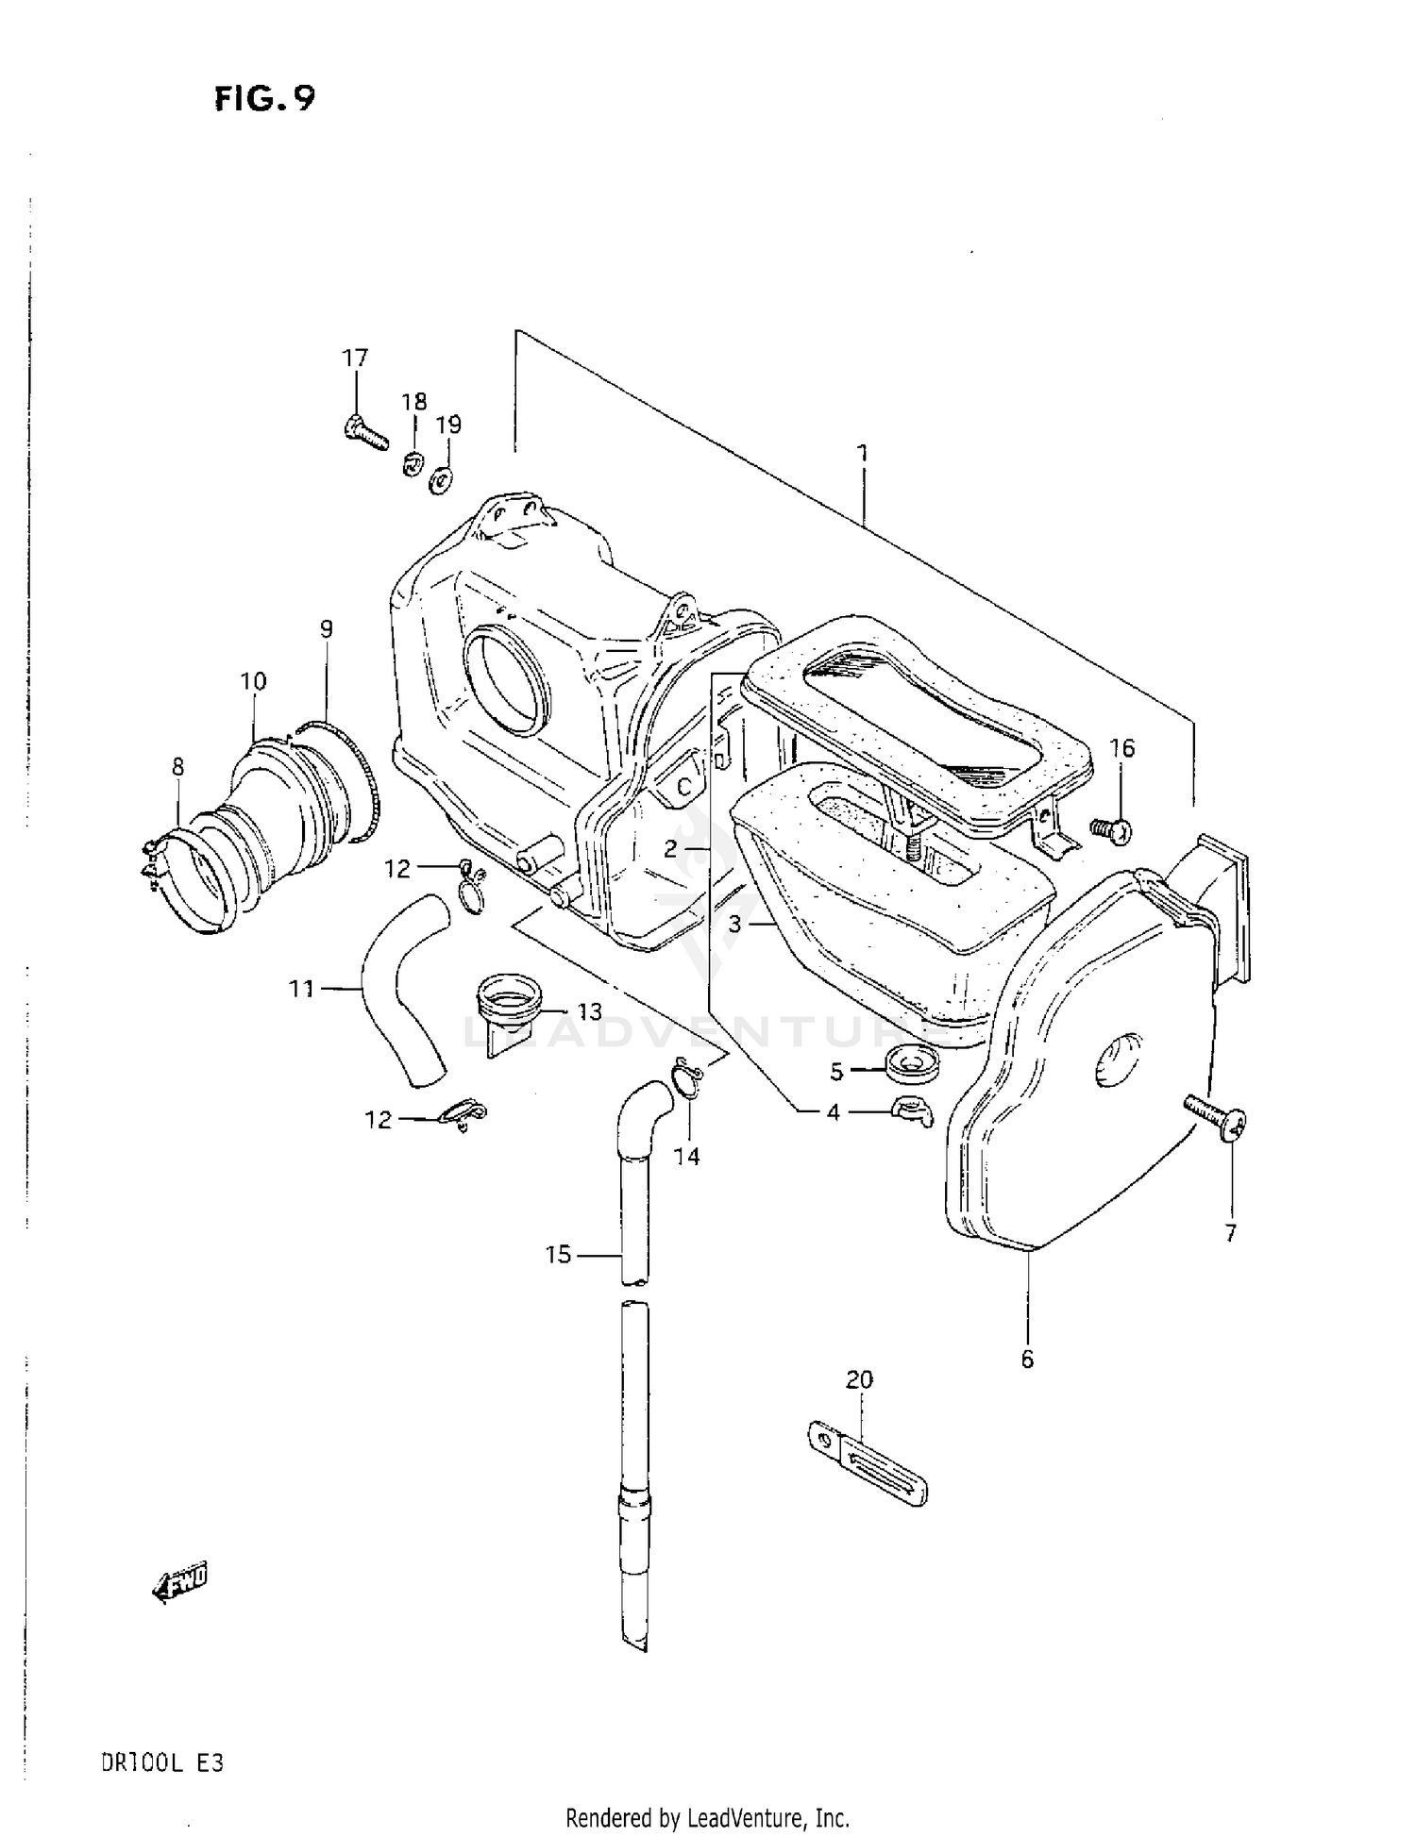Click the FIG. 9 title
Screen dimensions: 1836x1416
coord(264,98)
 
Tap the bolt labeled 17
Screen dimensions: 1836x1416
coord(365,433)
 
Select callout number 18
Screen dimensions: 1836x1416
coord(413,402)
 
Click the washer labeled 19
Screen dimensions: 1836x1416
coord(441,480)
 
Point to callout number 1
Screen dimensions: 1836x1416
coord(862,453)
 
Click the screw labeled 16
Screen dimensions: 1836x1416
coord(1110,830)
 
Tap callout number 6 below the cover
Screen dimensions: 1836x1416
coord(1027,1359)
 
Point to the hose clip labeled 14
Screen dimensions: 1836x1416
coord(685,1081)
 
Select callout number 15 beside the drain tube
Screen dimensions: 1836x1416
coord(558,1255)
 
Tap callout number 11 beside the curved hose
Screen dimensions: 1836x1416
coord(301,989)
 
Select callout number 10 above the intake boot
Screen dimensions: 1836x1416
coord(253,681)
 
